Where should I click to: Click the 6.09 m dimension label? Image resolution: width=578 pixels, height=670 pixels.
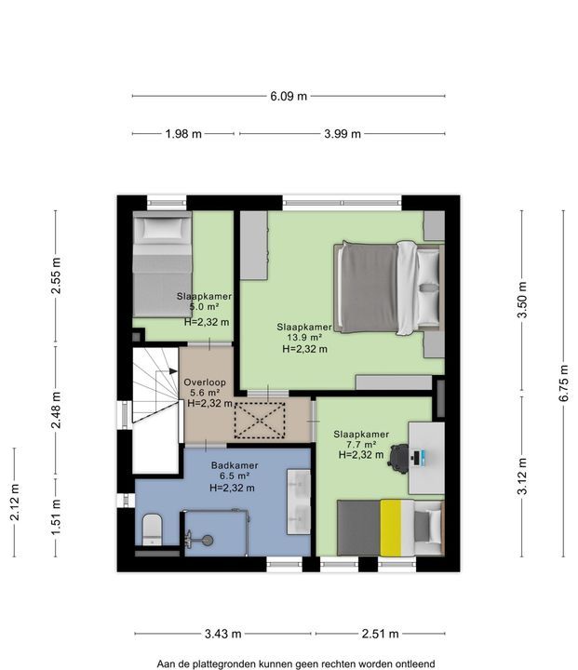(289, 96)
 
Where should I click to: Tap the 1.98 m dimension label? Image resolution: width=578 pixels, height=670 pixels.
(183, 134)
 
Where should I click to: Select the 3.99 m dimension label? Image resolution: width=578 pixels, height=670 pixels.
(342, 134)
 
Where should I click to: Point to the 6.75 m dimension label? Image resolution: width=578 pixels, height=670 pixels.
(564, 382)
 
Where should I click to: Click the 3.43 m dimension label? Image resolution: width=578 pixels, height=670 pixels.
(222, 634)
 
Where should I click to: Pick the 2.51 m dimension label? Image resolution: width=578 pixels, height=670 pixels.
(380, 634)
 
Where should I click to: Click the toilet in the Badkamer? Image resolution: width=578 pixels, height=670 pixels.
(152, 529)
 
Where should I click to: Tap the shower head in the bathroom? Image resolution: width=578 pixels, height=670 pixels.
(208, 540)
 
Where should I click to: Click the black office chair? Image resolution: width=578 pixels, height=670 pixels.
(399, 459)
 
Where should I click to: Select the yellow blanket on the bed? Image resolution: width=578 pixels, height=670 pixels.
(391, 529)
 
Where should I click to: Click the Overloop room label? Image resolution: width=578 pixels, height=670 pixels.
(205, 382)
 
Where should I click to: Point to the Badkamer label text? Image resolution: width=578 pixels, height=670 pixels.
(235, 465)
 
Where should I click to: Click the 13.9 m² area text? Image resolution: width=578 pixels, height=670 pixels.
(304, 338)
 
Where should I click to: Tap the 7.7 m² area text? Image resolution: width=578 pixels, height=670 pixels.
(361, 445)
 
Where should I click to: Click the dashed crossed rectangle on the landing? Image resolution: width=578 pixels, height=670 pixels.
(260, 421)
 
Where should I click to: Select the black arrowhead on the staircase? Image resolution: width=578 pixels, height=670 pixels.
(173, 371)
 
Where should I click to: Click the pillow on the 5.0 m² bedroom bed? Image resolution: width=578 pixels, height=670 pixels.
(162, 228)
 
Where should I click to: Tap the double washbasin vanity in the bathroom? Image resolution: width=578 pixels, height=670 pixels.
(299, 502)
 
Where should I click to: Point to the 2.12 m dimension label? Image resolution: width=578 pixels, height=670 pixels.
(15, 502)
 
